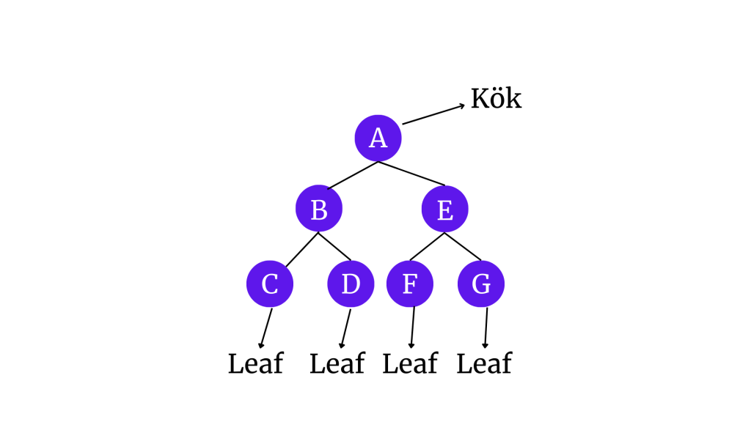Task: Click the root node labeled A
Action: click(378, 138)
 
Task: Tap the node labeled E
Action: click(444, 209)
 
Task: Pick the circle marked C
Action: click(269, 284)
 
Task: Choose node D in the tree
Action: click(351, 284)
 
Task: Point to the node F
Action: click(409, 284)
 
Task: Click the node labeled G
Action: click(480, 284)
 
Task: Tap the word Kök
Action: click(496, 99)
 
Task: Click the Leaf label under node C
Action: click(255, 363)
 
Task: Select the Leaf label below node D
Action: click(337, 363)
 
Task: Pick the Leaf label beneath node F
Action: click(410, 363)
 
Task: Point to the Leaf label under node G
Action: click(484, 363)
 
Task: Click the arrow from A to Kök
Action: click(433, 114)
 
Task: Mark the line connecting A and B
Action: click(353, 175)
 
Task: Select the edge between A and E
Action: click(411, 173)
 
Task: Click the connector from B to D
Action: click(334, 247)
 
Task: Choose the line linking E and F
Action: click(427, 246)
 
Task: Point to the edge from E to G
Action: click(462, 246)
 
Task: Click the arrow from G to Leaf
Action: click(486, 327)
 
